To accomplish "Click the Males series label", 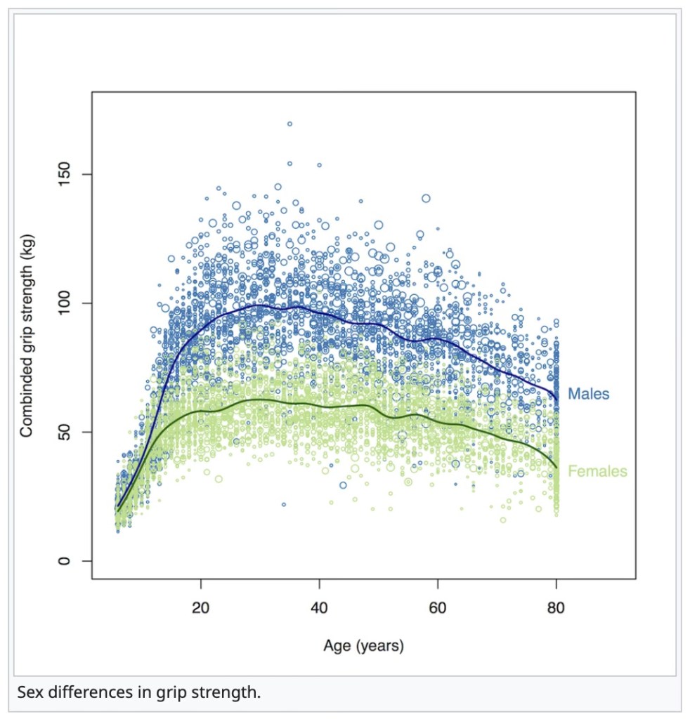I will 588,394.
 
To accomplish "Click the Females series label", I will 597,471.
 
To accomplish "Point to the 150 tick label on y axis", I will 67,174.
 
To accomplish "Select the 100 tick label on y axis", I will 67,303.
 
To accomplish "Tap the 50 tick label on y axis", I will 67,432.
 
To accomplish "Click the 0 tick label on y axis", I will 67,561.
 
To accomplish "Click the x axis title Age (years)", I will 363,645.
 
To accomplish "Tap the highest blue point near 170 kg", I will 289,124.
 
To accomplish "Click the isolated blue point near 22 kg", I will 284,504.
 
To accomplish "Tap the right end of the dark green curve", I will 556,467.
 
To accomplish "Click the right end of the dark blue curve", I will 556,399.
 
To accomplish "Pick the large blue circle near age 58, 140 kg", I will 426,198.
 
